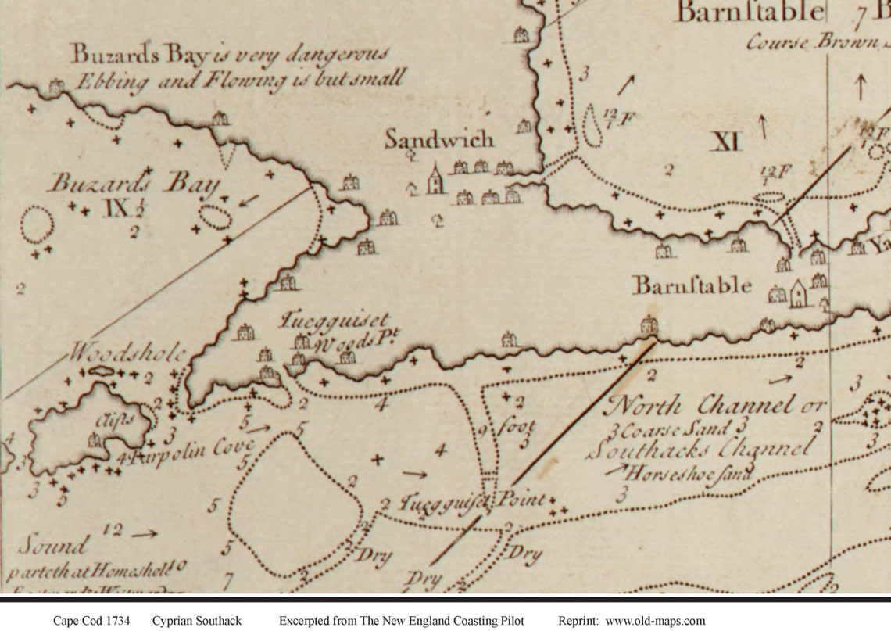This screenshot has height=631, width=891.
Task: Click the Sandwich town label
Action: coord(439,139)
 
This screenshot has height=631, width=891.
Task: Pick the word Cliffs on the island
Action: coord(113,419)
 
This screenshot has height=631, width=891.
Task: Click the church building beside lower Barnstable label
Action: coord(798,294)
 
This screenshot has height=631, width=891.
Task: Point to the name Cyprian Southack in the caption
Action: coord(198,621)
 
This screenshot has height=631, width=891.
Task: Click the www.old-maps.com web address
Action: coord(655,621)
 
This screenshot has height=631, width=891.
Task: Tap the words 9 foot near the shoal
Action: coord(508,428)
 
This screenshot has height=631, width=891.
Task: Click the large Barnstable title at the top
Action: coord(750,13)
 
